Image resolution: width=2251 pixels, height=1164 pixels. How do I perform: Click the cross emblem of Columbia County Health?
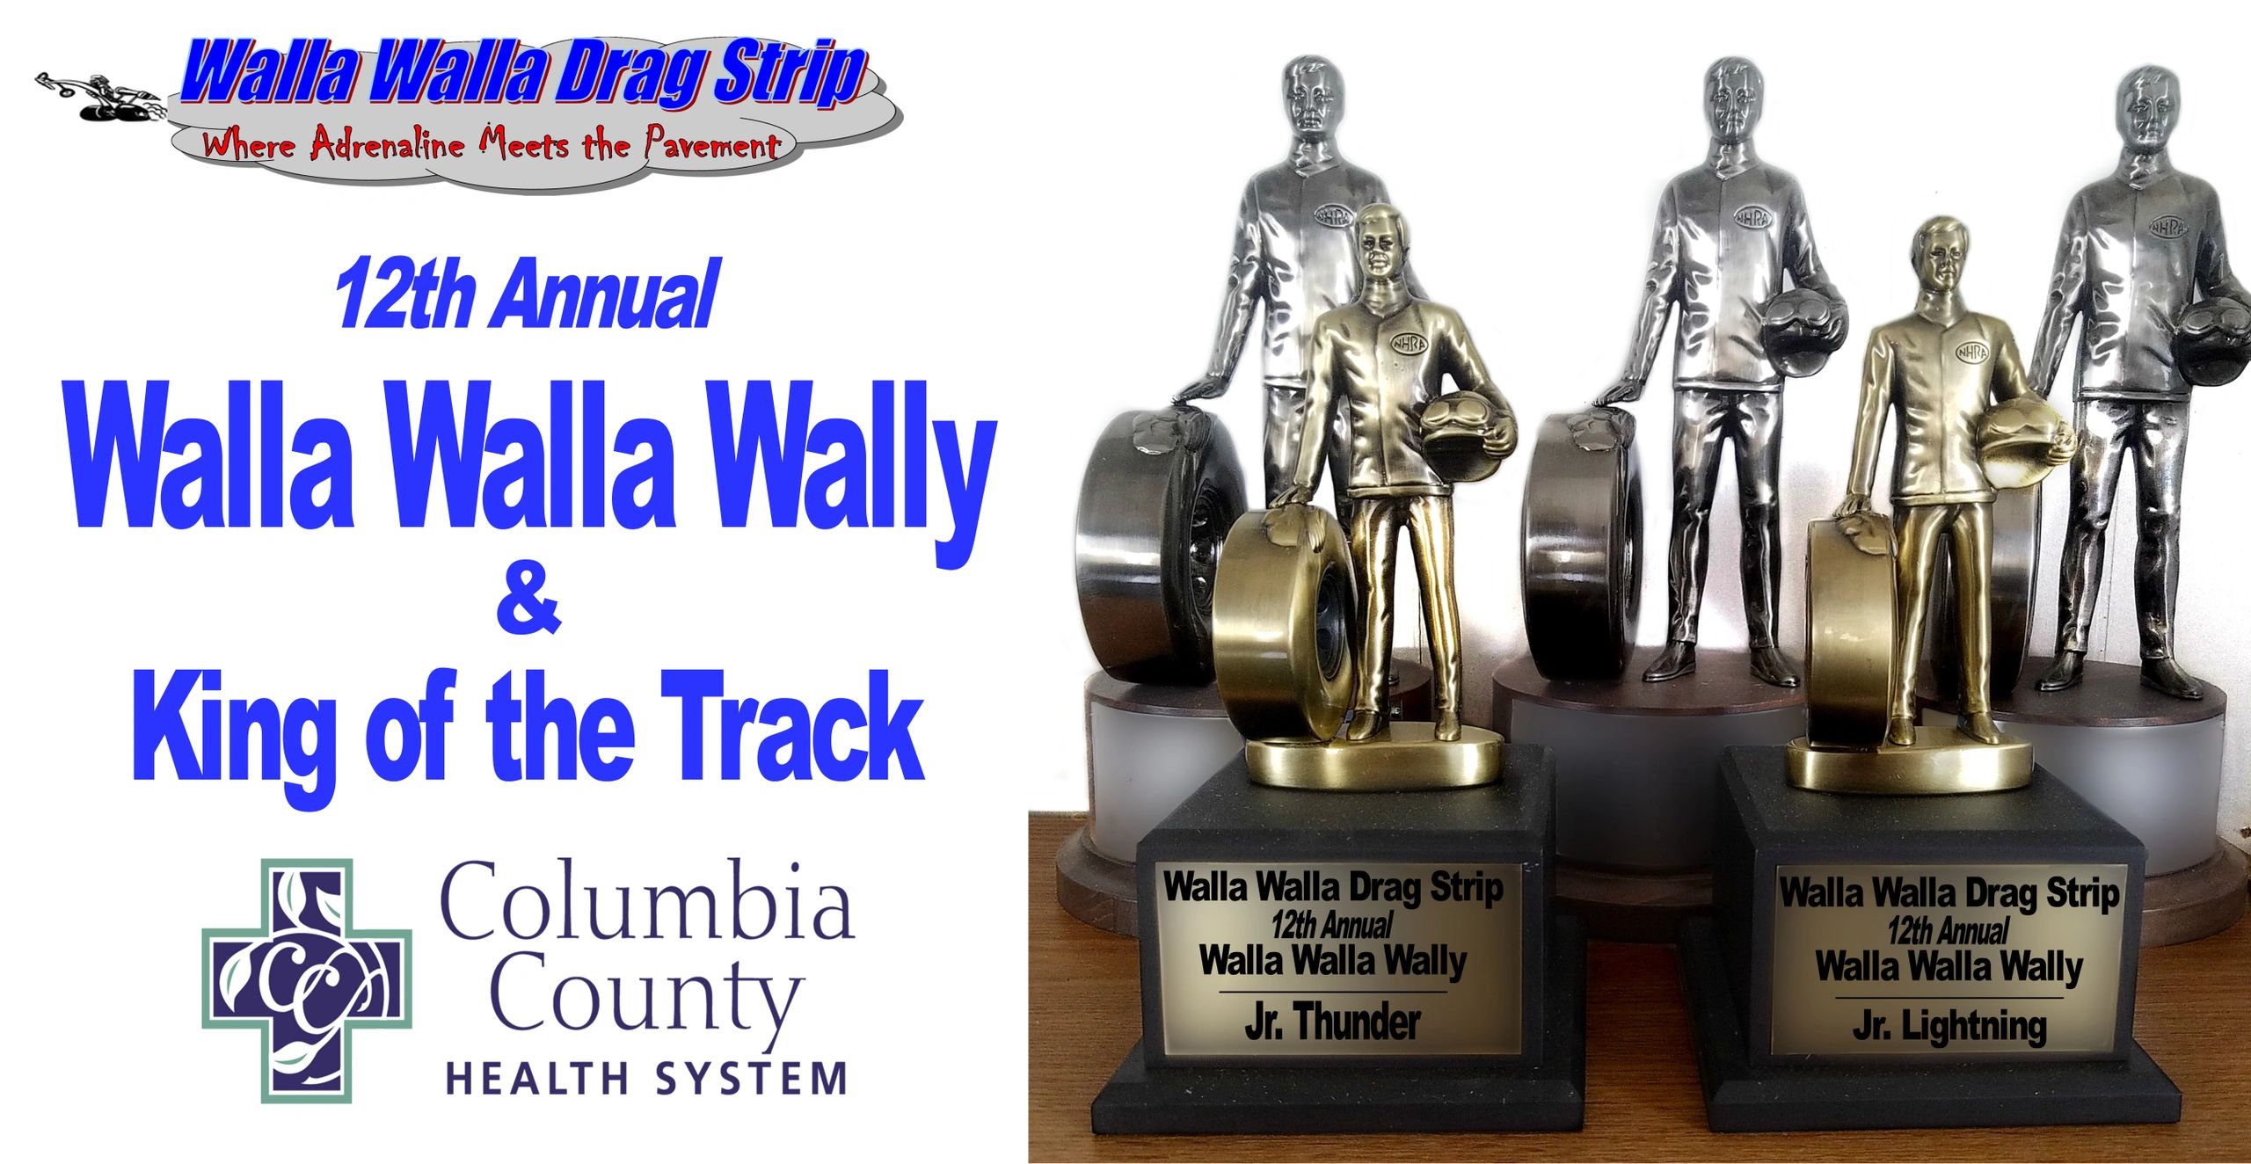tap(307, 980)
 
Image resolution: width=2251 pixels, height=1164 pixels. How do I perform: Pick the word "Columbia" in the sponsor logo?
tap(646, 901)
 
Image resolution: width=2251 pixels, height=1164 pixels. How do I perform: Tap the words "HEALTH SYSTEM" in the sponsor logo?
tap(646, 1078)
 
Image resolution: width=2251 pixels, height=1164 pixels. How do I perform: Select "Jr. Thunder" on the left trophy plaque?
tap(1332, 1022)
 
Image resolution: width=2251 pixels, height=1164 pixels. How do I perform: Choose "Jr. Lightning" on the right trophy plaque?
tap(1949, 1026)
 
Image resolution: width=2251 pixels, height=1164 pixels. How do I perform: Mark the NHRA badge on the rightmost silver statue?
tap(2168, 227)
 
